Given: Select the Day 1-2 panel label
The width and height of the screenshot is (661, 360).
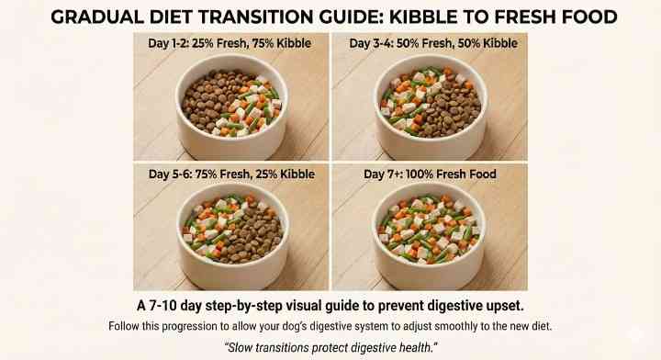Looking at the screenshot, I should coord(230,43).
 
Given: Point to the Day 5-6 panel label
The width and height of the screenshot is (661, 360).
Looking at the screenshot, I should coord(230,174).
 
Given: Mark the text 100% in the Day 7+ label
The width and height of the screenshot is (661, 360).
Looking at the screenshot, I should coord(409,174).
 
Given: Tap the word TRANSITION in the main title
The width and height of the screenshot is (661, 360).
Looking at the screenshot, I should coord(308,17).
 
